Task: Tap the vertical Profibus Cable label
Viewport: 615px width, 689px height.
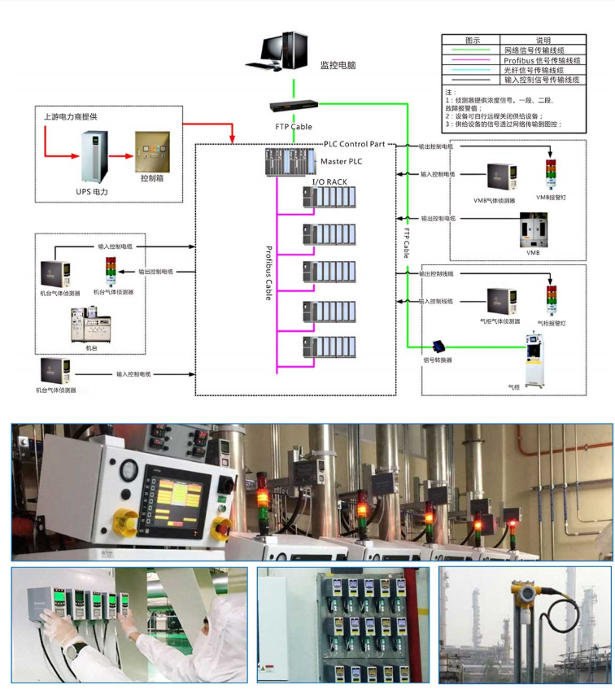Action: pyautogui.click(x=269, y=274)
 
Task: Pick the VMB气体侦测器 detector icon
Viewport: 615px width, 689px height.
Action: pyautogui.click(x=501, y=179)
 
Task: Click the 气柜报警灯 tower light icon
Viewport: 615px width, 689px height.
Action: pyautogui.click(x=552, y=300)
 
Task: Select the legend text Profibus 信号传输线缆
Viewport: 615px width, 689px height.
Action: pyautogui.click(x=542, y=60)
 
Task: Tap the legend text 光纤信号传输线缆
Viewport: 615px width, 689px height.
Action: pyautogui.click(x=542, y=70)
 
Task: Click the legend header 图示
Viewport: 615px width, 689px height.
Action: pyautogui.click(x=471, y=40)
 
